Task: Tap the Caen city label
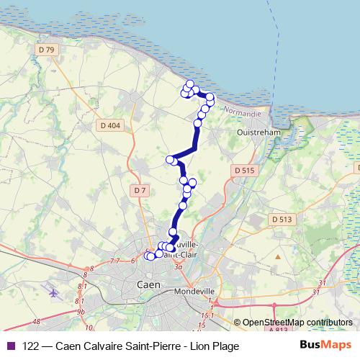(147, 285)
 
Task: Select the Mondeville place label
(195, 292)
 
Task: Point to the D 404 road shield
(110, 125)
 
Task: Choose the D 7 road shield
(140, 190)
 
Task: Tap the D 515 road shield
(244, 170)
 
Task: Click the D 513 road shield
(281, 219)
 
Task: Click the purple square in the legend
(10, 346)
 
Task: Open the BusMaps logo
(325, 345)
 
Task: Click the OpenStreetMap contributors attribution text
(297, 323)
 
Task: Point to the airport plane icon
(53, 294)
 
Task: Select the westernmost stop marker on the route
(148, 255)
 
